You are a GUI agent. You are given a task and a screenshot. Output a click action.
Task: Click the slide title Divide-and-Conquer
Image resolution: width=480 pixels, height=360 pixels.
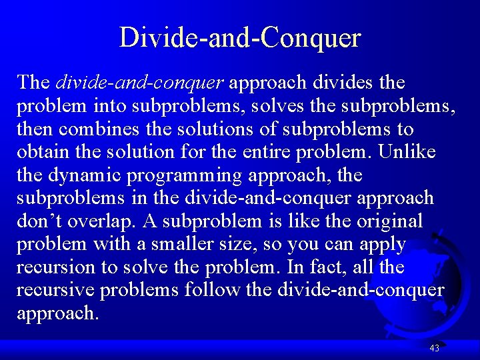pyautogui.click(x=240, y=37)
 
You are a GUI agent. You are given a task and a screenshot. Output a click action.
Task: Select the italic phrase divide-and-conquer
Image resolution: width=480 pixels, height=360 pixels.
pyautogui.click(x=139, y=83)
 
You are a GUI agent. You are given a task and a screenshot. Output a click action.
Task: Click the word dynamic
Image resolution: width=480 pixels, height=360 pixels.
pyautogui.click(x=85, y=175)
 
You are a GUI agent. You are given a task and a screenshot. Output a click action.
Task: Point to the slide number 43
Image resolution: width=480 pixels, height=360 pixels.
pyautogui.click(x=435, y=347)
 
